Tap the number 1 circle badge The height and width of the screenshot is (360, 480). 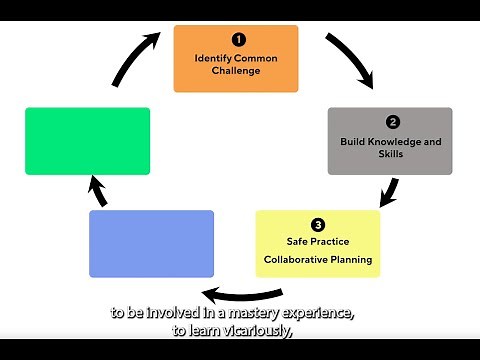pyautogui.click(x=238, y=40)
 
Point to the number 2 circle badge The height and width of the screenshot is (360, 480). pyautogui.click(x=393, y=122)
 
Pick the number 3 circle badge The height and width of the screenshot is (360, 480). pyautogui.click(x=318, y=225)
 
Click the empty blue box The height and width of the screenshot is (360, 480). pyautogui.click(x=151, y=243)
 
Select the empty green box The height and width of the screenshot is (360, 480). pyautogui.click(x=87, y=141)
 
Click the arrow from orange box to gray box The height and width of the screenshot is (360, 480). pyautogui.click(x=355, y=60)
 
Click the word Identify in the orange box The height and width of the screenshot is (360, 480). pyautogui.click(x=211, y=58)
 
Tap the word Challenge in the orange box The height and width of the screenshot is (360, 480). pyautogui.click(x=236, y=72)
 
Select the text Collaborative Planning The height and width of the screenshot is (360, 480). pyautogui.click(x=318, y=260)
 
